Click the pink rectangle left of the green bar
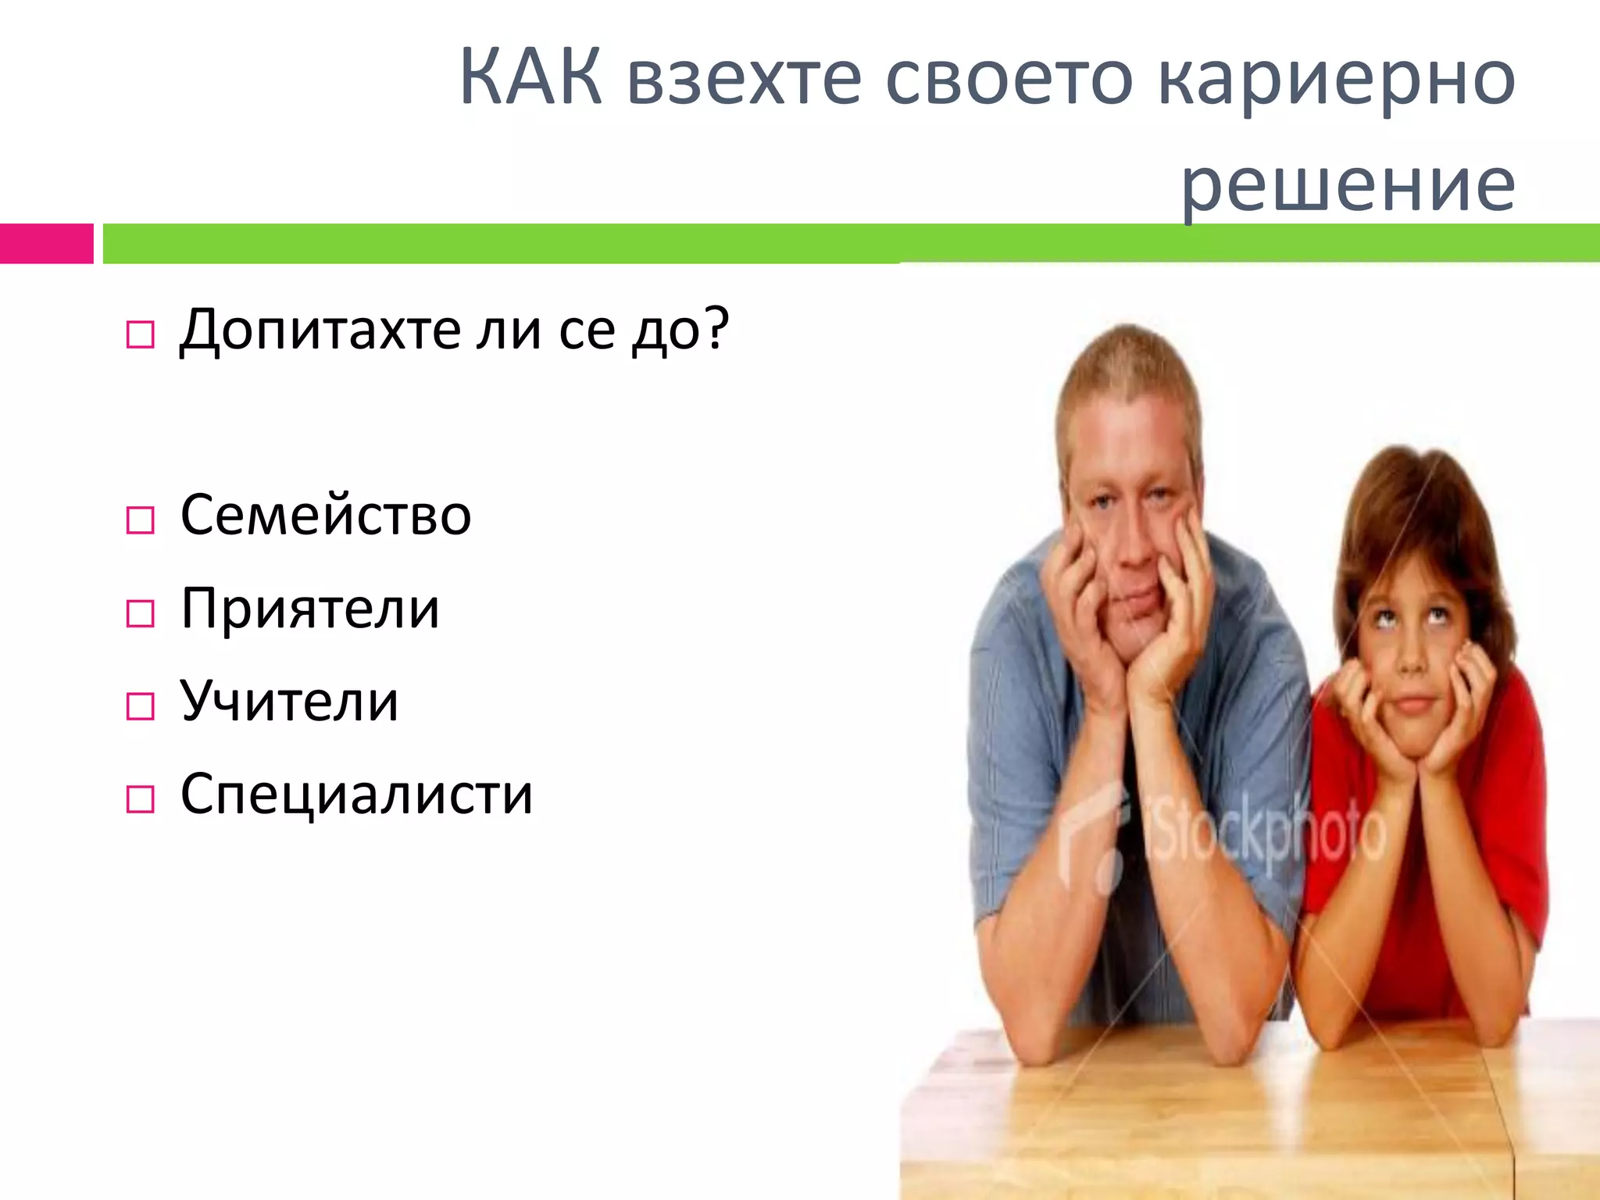(46, 243)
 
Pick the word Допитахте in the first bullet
(320, 330)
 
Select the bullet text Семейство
(326, 516)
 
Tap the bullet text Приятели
(310, 609)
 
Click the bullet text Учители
(289, 701)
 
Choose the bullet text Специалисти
(356, 794)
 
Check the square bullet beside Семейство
(140, 520)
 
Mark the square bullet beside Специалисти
(140, 799)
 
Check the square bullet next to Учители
(140, 706)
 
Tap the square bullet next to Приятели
(140, 614)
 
